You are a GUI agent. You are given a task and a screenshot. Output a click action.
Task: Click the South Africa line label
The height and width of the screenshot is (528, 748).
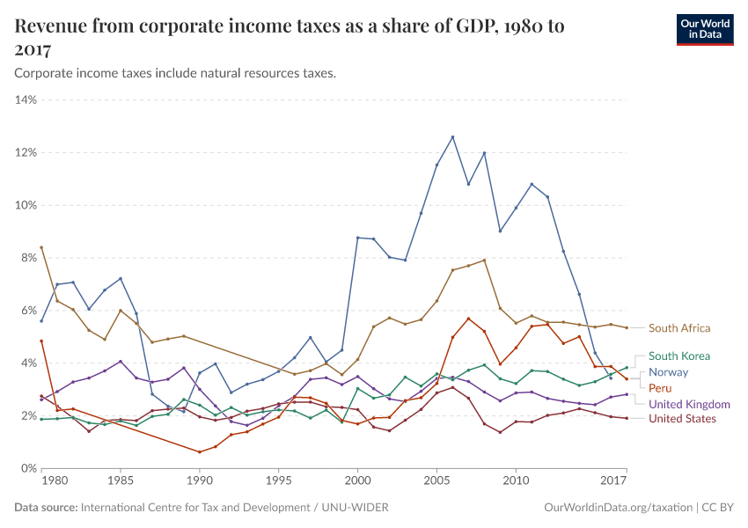tap(678, 328)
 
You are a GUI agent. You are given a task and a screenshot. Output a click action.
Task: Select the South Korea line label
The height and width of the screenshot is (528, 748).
tap(678, 356)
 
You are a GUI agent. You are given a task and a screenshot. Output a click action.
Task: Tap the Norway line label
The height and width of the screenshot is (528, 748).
tap(668, 372)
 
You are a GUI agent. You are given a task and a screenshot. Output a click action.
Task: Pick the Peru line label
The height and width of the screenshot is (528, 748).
tap(661, 388)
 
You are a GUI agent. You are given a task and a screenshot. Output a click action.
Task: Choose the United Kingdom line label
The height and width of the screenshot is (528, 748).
tap(689, 404)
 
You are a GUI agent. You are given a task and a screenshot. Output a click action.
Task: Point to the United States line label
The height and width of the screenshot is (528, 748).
tap(682, 419)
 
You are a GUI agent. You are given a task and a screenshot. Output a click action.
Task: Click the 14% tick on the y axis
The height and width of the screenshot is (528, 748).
tap(26, 99)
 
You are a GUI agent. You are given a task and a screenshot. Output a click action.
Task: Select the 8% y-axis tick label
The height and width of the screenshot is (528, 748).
tap(26, 258)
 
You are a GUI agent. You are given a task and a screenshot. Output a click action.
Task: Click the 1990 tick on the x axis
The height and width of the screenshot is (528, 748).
tap(200, 481)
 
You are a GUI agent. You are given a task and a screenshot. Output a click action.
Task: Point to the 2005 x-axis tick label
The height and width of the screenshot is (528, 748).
tap(436, 481)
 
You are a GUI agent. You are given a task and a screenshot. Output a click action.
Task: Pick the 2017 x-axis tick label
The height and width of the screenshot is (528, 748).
tap(613, 481)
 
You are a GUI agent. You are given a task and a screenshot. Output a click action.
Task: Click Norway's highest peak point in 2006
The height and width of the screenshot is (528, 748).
tap(452, 136)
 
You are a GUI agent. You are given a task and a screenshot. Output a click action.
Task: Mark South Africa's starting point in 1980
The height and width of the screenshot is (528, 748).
tap(41, 247)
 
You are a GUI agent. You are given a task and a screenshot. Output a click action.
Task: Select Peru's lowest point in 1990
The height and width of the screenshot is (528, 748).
tap(200, 452)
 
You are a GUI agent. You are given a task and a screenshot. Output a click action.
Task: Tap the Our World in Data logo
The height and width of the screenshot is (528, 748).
tap(704, 30)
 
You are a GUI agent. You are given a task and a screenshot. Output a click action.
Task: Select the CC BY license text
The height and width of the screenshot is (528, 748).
tap(718, 508)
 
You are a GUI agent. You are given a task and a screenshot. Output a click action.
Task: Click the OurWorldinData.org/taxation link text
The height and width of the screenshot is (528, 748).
tap(618, 508)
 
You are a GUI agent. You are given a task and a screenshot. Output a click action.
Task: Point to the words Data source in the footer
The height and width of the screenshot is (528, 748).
tap(45, 508)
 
